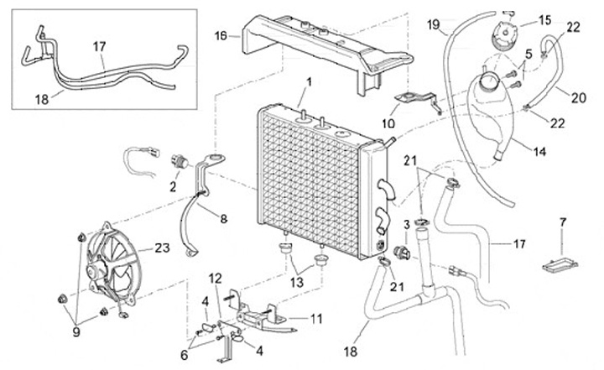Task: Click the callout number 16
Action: pos(221,36)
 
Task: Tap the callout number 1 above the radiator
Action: pos(309,82)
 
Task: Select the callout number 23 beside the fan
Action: pos(162,248)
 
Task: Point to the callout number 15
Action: pos(545,20)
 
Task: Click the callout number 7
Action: pos(563,222)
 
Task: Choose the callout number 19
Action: pos(434,25)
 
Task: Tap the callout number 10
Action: pos(388,123)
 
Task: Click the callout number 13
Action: pos(297,283)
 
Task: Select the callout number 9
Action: pos(75,332)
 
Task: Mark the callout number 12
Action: pos(216,278)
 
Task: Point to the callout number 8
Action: pos(224,219)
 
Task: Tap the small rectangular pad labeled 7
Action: pos(560,265)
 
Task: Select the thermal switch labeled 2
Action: pos(179,161)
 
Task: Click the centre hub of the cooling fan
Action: pos(94,271)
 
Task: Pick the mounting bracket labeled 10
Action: pos(418,101)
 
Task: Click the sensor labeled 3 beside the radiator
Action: pos(401,253)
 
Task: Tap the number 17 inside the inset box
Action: pos(99,47)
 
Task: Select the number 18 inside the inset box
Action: pos(42,100)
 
